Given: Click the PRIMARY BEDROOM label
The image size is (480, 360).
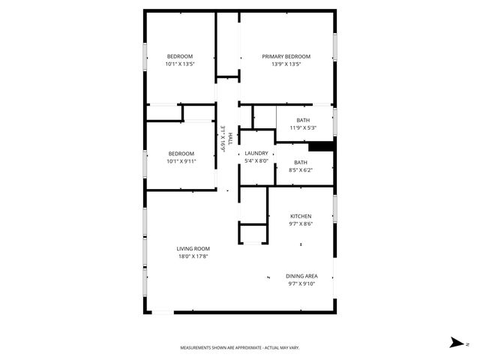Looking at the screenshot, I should pos(286,56).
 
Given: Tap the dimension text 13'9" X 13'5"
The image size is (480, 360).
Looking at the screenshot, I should pos(286,64).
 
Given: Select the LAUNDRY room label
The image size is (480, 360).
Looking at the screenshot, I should pos(256,153).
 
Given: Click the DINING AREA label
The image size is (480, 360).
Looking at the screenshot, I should pos(301,276).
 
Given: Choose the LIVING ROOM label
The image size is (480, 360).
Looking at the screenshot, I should pos(193,249).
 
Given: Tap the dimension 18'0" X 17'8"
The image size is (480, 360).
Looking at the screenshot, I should pos(193,256).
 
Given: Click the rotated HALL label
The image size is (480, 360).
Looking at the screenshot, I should pos(230,137).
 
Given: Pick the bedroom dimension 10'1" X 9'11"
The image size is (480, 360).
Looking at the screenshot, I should pos(180,160).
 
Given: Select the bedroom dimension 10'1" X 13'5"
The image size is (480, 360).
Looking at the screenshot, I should pos(180,64).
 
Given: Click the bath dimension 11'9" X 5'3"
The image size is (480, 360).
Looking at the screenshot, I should pos(303,127).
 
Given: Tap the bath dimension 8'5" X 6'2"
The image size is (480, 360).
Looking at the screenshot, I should pos(300,170).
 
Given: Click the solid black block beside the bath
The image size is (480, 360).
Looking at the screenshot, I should pos(322,147).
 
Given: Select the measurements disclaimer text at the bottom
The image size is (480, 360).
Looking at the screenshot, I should pos(240,348).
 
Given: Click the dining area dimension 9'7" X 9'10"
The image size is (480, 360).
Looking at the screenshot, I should pos(301,283).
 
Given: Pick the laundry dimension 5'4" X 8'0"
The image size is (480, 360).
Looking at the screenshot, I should pos(256,160).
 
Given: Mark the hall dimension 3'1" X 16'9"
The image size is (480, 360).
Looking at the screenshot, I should pos(223,139).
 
